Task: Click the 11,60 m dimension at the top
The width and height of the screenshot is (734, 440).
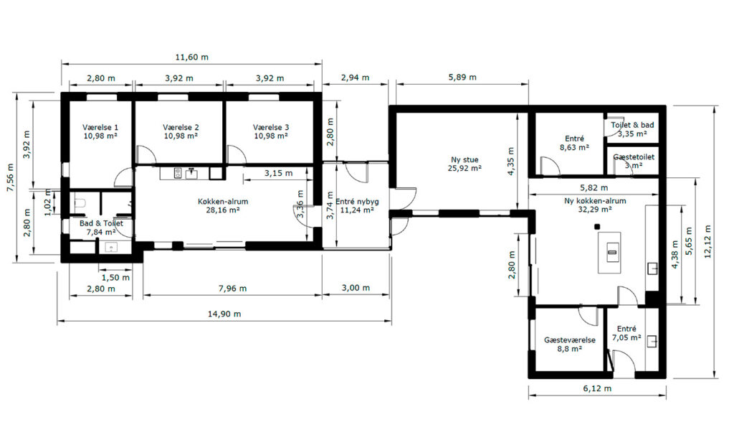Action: [191, 57]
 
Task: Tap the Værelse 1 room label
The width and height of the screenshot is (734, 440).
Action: [100, 131]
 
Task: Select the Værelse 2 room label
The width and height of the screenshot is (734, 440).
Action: [181, 131]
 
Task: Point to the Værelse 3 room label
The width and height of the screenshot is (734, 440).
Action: [270, 131]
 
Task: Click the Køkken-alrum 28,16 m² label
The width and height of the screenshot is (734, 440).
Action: [223, 206]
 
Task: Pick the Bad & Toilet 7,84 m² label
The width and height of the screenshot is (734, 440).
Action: [101, 228]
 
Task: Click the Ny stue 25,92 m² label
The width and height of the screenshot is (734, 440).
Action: [464, 164]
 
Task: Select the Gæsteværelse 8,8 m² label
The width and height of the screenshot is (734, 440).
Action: [570, 344]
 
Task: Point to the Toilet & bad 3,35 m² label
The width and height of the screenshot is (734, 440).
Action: [632, 129]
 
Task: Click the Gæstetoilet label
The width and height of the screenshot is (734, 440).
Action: [634, 157]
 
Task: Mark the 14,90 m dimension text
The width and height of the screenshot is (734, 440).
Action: [224, 314]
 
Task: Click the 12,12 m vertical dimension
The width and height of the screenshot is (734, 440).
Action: [707, 241]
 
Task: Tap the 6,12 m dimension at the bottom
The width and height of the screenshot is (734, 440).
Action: [597, 388]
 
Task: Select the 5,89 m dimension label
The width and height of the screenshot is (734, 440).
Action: [462, 77]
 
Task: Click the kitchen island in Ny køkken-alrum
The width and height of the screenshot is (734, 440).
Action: [609, 253]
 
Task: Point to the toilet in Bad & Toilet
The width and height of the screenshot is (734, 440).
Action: [80, 203]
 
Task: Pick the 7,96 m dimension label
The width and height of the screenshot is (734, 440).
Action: [232, 288]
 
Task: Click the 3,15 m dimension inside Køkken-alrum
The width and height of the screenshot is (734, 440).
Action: [278, 173]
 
